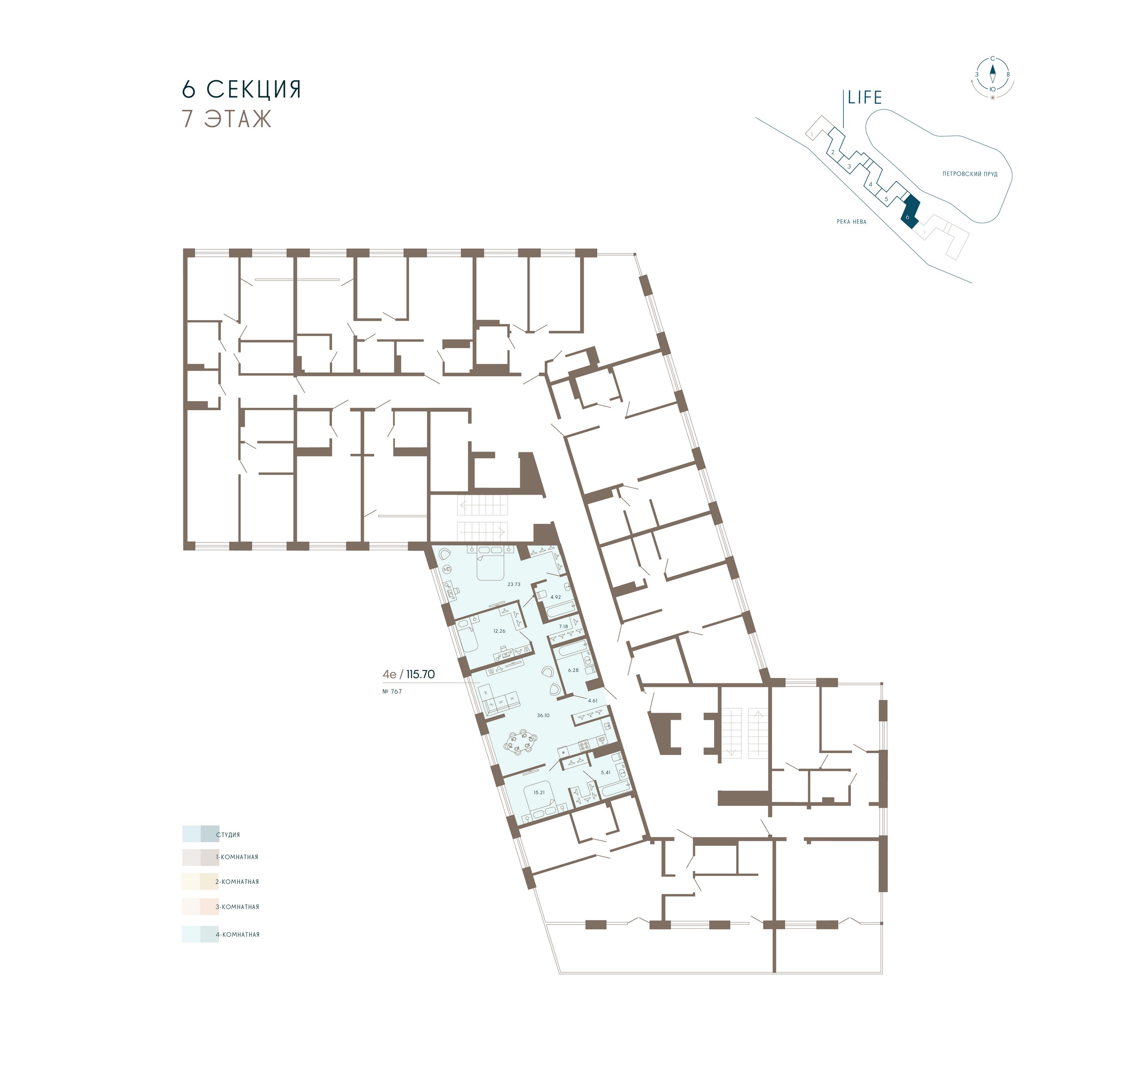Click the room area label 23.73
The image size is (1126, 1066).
click(514, 584)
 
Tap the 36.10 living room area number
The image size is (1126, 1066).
click(543, 715)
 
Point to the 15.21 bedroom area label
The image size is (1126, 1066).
click(539, 793)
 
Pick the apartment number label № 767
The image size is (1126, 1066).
click(392, 691)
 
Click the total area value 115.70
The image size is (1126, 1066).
click(421, 674)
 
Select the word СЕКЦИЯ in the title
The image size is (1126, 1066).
click(254, 90)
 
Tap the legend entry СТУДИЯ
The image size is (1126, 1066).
click(228, 835)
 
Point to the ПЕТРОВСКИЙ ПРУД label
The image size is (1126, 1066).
click(970, 174)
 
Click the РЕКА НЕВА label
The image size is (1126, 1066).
click(851, 221)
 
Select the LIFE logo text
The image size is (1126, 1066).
click(864, 98)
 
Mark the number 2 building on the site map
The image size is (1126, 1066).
click(833, 152)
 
